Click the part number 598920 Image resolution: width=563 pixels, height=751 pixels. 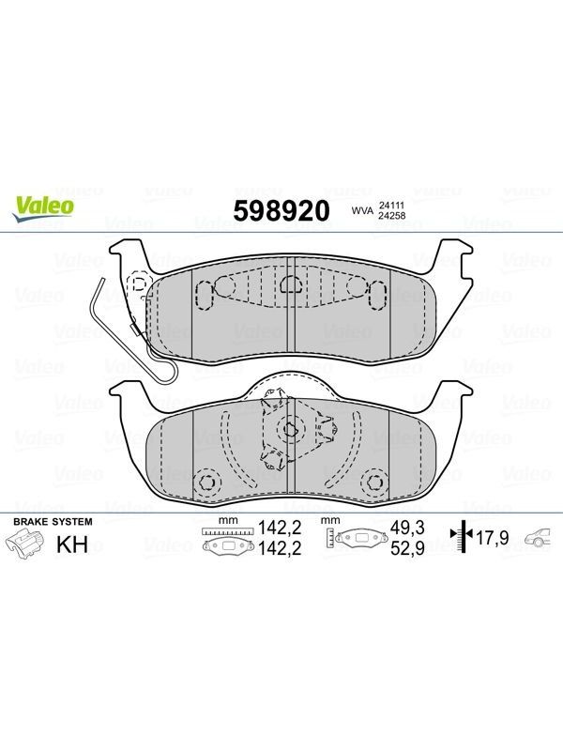(281, 210)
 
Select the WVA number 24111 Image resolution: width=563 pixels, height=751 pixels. (391, 205)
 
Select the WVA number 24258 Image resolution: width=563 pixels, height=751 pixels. (391, 216)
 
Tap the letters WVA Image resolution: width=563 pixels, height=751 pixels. (362, 210)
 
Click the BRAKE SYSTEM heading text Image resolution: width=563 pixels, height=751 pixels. (53, 522)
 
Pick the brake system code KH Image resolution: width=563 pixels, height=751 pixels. (72, 544)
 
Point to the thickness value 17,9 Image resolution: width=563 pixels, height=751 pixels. (492, 538)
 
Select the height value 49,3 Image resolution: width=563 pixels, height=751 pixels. (407, 528)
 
